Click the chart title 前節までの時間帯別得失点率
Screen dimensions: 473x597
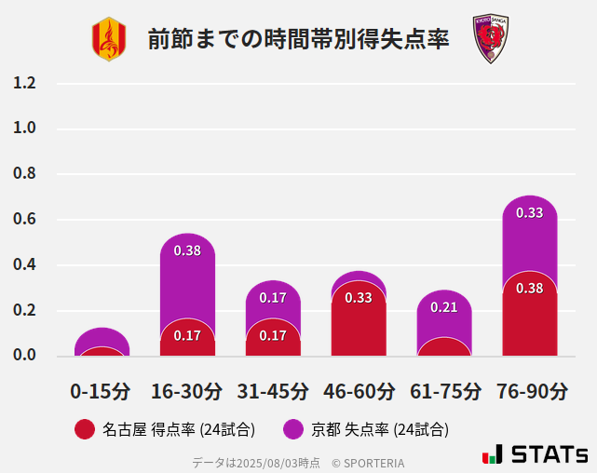(298, 39)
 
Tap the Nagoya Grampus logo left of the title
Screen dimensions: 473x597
(108, 39)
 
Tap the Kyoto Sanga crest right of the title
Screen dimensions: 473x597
(489, 39)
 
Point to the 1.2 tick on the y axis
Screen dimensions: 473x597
(25, 83)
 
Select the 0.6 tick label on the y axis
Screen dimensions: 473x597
(25, 220)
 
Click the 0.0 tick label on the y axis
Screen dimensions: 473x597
(25, 356)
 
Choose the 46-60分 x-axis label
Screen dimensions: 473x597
(359, 391)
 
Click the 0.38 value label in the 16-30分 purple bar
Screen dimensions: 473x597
(187, 250)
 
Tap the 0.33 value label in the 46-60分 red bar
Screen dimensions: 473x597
(359, 298)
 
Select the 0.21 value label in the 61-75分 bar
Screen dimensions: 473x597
(444, 307)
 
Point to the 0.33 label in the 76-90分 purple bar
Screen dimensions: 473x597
(530, 212)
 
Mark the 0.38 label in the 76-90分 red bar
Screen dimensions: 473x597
(530, 289)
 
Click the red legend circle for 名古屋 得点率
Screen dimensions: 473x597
(85, 429)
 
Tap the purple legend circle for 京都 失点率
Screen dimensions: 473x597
(294, 429)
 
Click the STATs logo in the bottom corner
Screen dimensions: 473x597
(536, 454)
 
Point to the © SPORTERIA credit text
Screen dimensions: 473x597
(368, 463)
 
